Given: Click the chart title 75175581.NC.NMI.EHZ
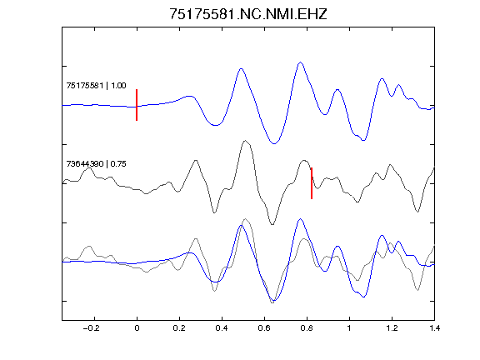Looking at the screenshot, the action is pos(248,14).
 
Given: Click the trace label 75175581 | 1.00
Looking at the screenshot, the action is pos(96,85).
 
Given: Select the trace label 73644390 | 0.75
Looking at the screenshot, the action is pos(96,164).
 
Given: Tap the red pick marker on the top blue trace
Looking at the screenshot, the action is pos(137,105).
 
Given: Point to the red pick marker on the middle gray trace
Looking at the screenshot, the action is pos(312,183).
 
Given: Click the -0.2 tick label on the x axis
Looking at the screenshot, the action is pos(92,328).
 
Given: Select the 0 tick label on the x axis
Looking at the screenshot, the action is pos(137,328).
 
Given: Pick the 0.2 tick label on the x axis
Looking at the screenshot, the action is pos(179,328).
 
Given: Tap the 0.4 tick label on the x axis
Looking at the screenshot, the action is pos(222,328).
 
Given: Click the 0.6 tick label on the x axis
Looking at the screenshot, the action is pos(264,328).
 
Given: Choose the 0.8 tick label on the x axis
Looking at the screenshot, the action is pos(307,328).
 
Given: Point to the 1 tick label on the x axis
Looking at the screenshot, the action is pos(349,328).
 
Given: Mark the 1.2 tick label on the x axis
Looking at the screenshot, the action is pos(392,328).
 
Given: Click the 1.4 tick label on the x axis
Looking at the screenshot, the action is pos(434,328).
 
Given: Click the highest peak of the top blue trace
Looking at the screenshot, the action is pos(300,62).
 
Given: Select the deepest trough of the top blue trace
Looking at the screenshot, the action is pos(274,143).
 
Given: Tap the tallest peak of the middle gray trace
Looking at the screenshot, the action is pos(245,141).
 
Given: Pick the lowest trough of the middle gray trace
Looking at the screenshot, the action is pos(272,224).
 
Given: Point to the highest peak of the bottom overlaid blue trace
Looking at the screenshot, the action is pos(300,219).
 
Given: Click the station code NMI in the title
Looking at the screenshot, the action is pos(279,14).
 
